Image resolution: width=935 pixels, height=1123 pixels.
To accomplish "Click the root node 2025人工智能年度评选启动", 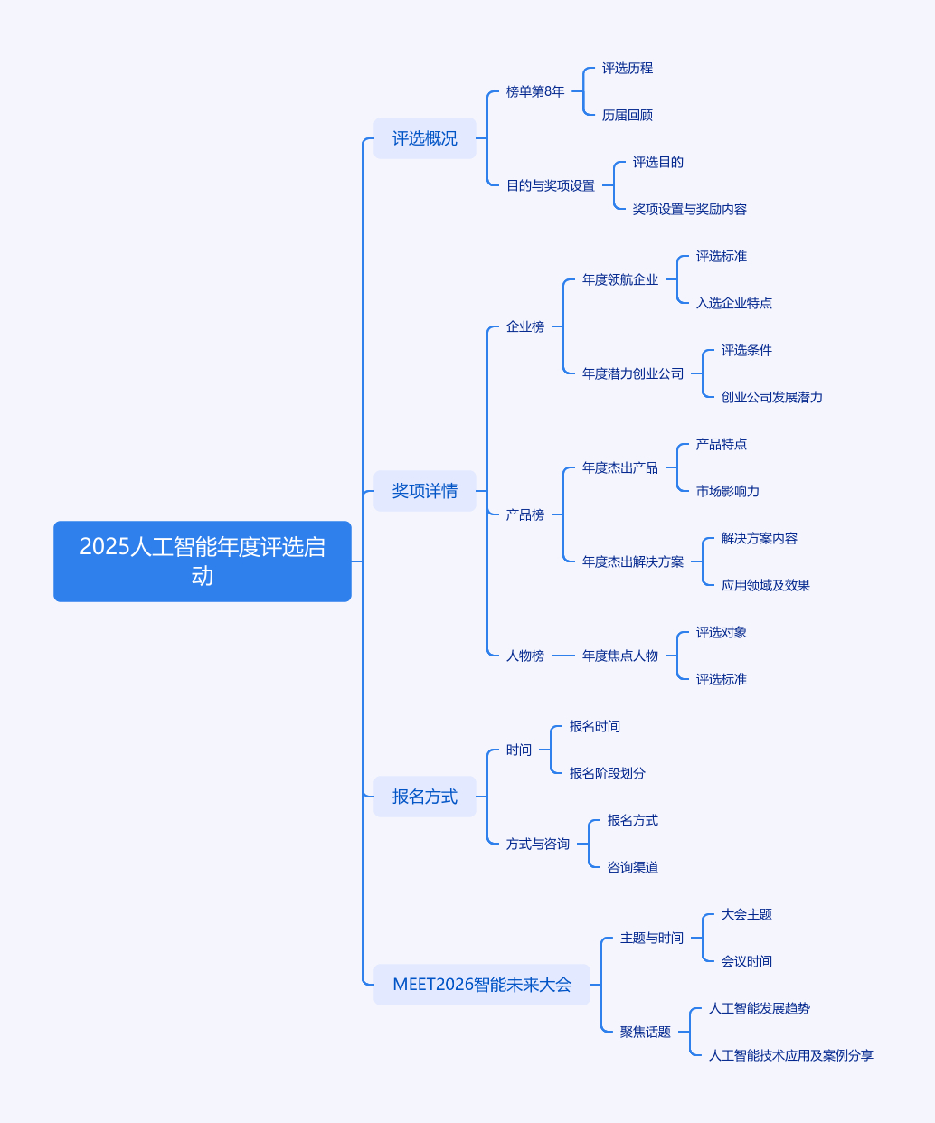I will [202, 561].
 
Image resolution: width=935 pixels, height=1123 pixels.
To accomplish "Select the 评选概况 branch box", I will [424, 138].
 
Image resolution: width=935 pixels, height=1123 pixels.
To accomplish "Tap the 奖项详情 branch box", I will [424, 491].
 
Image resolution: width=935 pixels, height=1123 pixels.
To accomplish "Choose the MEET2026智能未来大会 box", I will [481, 985].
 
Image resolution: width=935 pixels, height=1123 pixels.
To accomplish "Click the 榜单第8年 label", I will [535, 91].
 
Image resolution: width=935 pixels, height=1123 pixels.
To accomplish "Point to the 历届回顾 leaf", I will [627, 115].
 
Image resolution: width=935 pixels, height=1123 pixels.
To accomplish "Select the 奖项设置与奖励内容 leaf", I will [689, 209].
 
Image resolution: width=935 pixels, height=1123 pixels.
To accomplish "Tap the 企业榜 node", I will [525, 326].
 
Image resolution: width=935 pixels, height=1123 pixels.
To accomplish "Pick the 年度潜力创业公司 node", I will [633, 373].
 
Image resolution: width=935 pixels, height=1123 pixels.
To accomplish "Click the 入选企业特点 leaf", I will [733, 303].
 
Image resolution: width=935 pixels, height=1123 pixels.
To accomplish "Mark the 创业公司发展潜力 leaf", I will [771, 397].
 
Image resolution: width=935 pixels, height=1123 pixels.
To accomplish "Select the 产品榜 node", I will [525, 514].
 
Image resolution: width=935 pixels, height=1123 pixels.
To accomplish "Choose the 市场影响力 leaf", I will [727, 491].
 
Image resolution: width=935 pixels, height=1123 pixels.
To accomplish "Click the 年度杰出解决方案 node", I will [633, 561].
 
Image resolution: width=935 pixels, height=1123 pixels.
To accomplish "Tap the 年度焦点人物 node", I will [620, 656].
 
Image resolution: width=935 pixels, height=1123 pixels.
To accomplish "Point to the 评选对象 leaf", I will [721, 632].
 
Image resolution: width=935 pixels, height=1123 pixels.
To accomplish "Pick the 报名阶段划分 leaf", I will [607, 773].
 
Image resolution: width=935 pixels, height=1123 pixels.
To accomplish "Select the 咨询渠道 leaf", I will [632, 867].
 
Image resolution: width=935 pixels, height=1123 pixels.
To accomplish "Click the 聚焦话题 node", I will [645, 1032].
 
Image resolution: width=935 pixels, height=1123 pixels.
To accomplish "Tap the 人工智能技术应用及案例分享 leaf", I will [790, 1055].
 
